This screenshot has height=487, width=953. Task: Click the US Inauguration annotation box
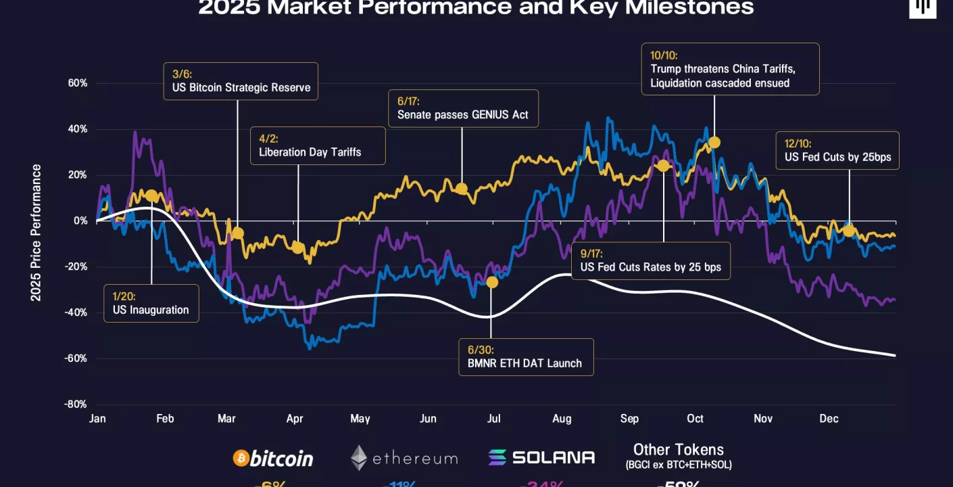[x=151, y=303]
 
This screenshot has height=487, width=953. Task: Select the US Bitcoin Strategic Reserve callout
[x=241, y=81]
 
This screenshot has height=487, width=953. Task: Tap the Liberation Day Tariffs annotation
[x=318, y=145]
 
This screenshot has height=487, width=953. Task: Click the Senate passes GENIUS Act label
[x=463, y=108]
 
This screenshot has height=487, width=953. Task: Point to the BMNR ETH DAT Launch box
[x=525, y=357]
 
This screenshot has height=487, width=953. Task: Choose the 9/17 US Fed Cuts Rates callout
[x=650, y=260]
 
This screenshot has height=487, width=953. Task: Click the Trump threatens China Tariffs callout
[x=730, y=69]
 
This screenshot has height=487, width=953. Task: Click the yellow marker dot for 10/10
[x=714, y=142]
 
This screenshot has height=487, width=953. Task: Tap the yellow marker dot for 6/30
[x=492, y=282]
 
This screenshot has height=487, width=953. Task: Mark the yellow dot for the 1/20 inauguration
[x=151, y=196]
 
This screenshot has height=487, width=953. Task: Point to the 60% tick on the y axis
[x=78, y=83]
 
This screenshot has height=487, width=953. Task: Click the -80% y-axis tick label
[x=76, y=404]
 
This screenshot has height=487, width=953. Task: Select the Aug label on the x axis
[x=561, y=419]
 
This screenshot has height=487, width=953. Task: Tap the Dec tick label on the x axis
[x=829, y=419]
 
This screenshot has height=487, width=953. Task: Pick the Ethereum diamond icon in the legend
[x=359, y=458]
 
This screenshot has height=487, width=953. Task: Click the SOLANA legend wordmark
[x=553, y=457]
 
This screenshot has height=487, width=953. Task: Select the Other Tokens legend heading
[x=678, y=450]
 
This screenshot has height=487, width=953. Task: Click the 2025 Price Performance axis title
[x=36, y=233]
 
